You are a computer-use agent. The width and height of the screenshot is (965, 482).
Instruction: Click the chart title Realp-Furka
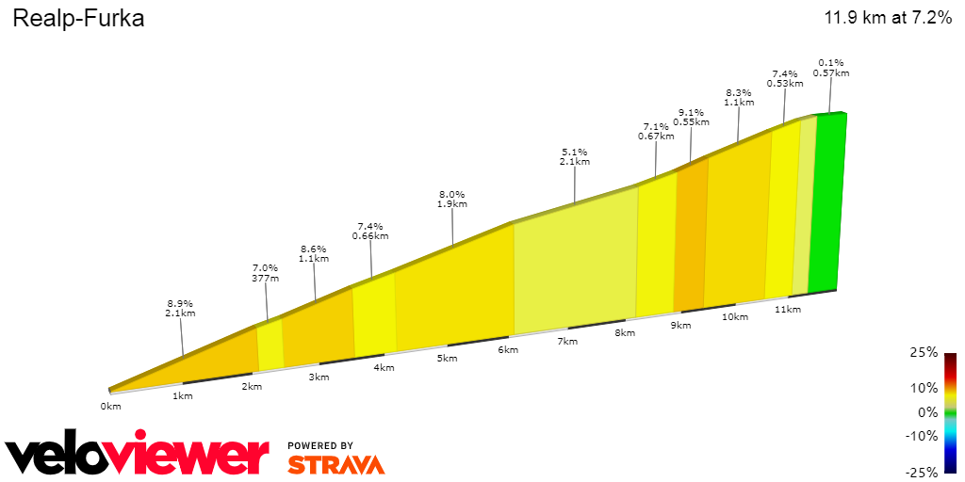78,19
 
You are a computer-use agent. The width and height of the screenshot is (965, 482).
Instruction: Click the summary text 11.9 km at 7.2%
888,18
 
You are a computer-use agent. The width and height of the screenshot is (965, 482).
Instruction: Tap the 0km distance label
110,407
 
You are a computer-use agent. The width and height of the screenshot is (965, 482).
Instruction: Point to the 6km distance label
508,350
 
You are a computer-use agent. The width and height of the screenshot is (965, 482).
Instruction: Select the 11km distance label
787,310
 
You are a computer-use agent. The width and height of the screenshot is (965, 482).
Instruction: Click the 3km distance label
319,378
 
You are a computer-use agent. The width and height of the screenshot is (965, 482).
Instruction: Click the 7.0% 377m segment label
265,273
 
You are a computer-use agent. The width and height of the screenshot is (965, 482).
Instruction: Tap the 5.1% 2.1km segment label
574,156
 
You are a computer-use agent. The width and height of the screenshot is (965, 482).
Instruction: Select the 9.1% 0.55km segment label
691,117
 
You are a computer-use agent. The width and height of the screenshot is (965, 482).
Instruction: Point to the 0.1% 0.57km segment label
830,68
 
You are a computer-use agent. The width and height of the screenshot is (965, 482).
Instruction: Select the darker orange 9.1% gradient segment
690,235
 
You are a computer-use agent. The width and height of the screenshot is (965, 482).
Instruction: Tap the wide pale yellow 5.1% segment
575,264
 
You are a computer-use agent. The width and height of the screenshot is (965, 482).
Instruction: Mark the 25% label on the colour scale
924,352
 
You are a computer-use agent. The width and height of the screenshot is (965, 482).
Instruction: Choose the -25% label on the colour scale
922,473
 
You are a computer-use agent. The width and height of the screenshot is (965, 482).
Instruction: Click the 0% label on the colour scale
927,412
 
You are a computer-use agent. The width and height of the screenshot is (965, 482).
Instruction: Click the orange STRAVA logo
335,464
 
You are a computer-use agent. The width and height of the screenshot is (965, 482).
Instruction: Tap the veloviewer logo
138,455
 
